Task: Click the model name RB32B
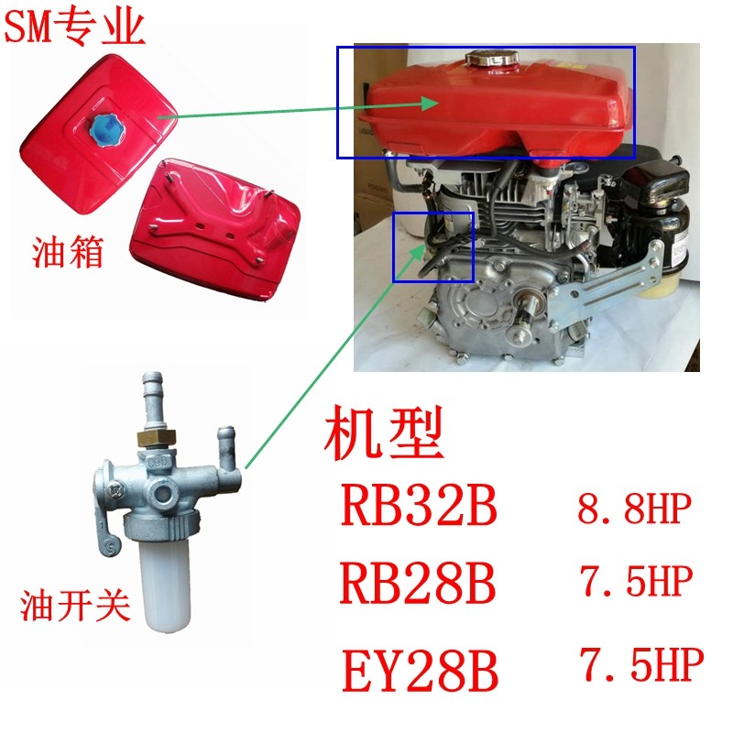click(x=419, y=505)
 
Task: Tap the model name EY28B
click(x=420, y=670)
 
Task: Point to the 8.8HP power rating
click(x=634, y=509)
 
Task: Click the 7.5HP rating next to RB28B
click(x=636, y=580)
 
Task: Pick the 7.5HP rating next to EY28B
click(x=642, y=663)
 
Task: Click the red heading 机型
click(x=383, y=432)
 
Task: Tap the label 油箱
click(x=67, y=252)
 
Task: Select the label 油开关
click(x=75, y=606)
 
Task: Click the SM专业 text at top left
click(x=74, y=27)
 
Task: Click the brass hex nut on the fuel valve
click(x=156, y=439)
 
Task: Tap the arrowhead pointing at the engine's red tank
click(x=429, y=104)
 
